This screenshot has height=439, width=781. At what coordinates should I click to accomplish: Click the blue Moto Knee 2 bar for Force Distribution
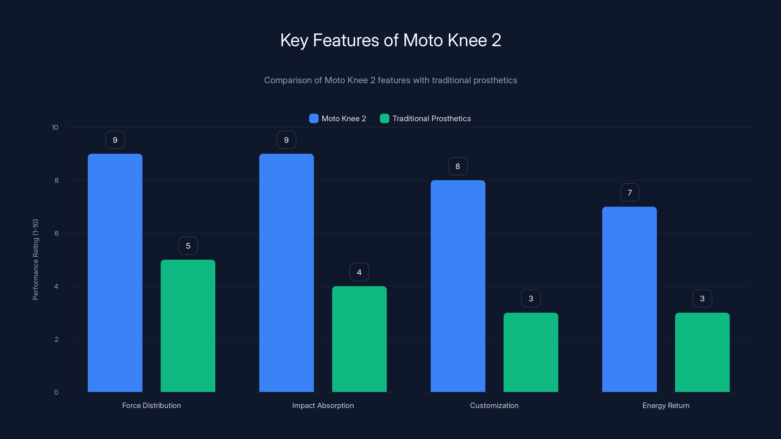pos(115,273)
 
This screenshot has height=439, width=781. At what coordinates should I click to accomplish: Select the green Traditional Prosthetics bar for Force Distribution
pos(188,326)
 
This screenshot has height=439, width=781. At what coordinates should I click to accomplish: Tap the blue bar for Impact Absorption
pos(286,273)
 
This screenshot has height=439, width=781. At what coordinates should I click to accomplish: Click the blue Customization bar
pos(458,286)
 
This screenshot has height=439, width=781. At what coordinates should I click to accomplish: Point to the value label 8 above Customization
pos(458,166)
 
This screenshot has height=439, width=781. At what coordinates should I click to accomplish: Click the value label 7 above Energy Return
pos(630,193)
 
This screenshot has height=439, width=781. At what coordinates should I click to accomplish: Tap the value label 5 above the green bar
pos(188,246)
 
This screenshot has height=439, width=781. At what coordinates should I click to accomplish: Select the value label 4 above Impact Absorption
pos(359,272)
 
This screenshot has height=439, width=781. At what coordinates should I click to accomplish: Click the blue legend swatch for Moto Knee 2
pos(313,119)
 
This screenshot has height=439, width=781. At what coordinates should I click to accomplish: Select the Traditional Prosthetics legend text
pos(432,119)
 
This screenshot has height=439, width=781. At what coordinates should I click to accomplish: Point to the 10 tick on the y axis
pos(55,127)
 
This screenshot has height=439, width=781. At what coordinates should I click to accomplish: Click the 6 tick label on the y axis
pos(56,233)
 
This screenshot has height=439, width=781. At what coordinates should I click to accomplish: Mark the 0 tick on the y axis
pos(56,392)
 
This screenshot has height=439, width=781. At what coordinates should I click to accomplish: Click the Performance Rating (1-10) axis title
pos(35,260)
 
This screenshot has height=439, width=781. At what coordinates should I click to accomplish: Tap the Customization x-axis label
pos(494,405)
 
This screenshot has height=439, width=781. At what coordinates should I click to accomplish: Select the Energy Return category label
pos(666,405)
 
